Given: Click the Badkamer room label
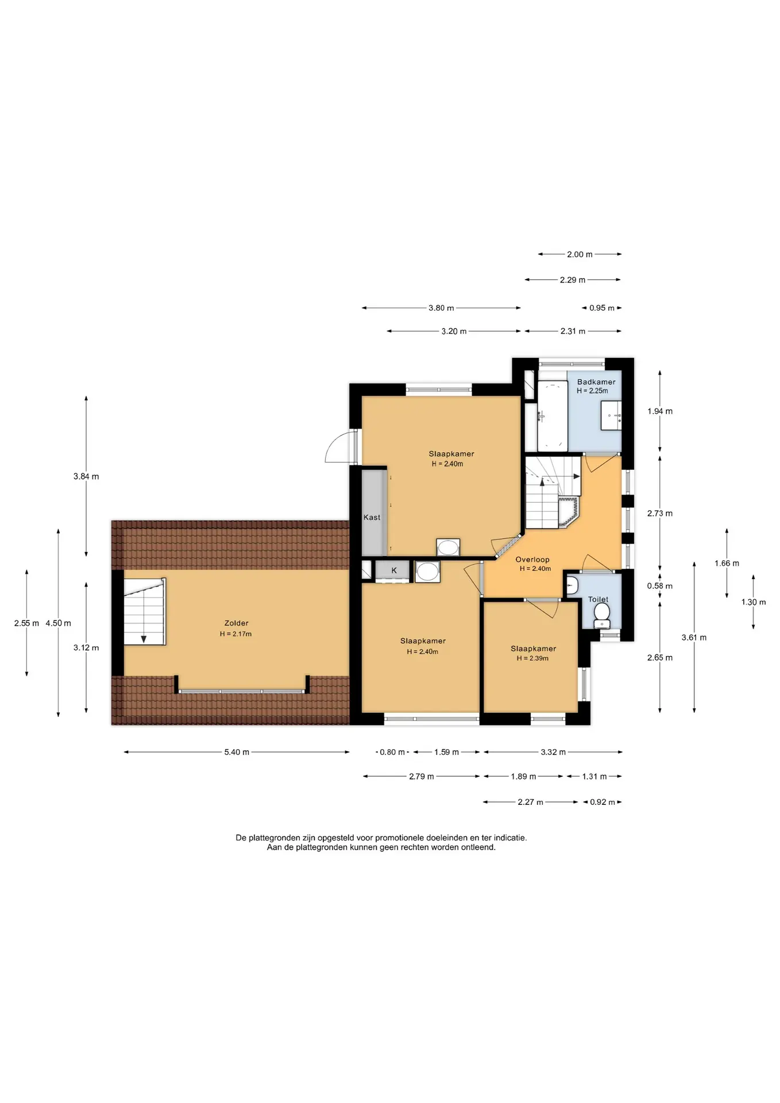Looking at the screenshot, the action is click(x=596, y=382).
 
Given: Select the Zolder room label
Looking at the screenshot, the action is click(x=236, y=623).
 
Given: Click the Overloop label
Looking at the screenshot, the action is click(x=532, y=560).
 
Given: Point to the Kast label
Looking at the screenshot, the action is click(x=372, y=518).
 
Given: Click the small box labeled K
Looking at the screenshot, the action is click(x=393, y=571).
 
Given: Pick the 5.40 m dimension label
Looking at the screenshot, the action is click(x=237, y=752).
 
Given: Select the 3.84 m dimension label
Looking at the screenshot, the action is click(x=86, y=476).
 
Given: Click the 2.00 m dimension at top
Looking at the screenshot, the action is click(x=580, y=254).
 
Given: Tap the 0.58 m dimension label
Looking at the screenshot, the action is click(x=659, y=586).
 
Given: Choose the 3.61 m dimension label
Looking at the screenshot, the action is click(x=694, y=638).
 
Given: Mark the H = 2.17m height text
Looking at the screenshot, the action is click(x=235, y=634).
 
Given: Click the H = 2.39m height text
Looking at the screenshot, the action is click(x=532, y=658).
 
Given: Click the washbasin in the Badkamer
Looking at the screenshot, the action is click(x=611, y=415).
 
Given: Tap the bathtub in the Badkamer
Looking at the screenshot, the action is click(x=553, y=416).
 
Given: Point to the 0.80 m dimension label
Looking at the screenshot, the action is click(x=393, y=752).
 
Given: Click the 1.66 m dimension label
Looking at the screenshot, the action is click(x=727, y=564).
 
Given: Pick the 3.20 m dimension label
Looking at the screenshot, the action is click(x=454, y=331).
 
